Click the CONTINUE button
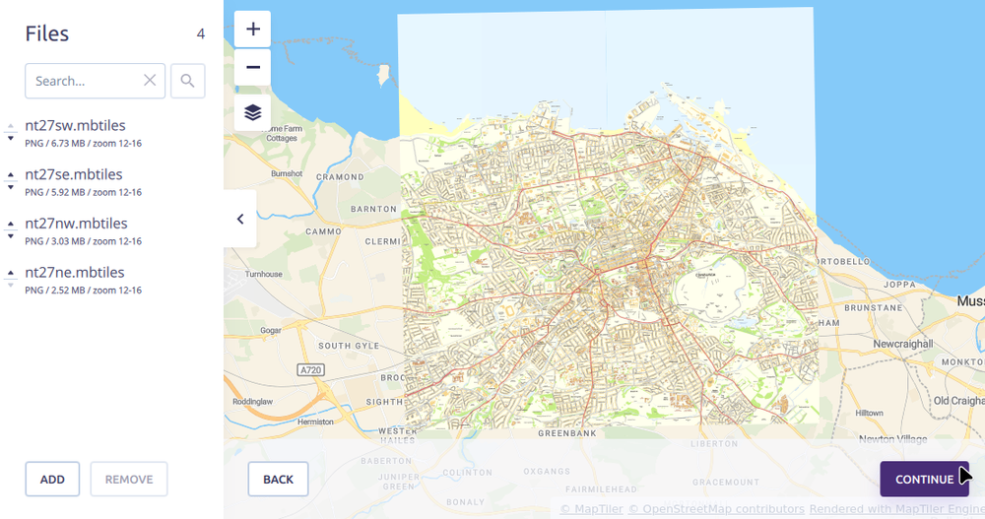click(923, 480)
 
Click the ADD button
click(52, 480)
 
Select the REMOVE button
click(129, 480)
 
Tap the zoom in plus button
click(253, 30)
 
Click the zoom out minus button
click(253, 68)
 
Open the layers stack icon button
click(253, 112)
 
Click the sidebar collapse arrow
click(240, 219)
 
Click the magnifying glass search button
click(188, 81)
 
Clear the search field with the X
click(150, 81)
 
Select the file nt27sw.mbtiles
click(75, 126)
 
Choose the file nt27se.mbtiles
click(74, 175)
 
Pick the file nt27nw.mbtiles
click(76, 224)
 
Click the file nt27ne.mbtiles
click(75, 273)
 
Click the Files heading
click(47, 34)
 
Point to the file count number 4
click(201, 34)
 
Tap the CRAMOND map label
click(340, 177)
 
